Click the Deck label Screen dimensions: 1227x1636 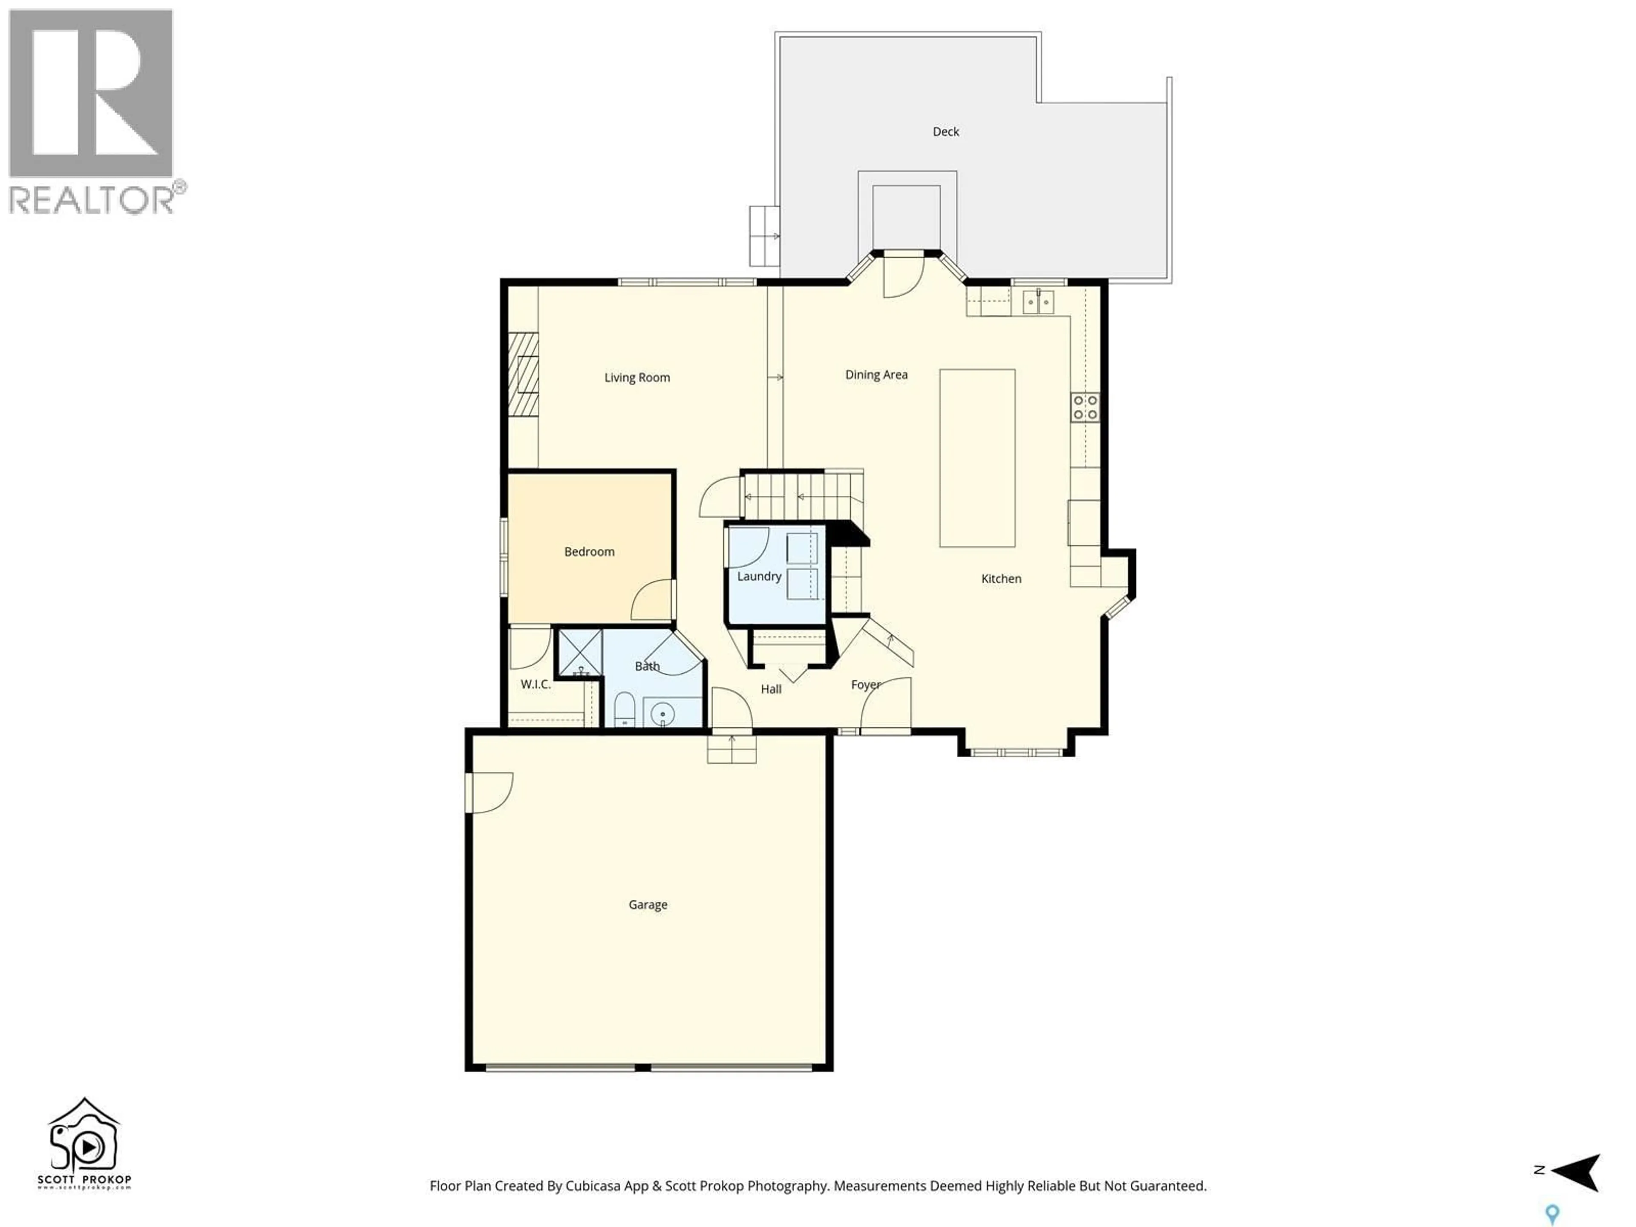[945, 132]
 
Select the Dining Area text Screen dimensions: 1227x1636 [876, 375]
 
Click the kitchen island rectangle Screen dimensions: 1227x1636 [977, 458]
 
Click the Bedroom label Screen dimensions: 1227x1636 [589, 552]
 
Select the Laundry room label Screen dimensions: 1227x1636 [759, 576]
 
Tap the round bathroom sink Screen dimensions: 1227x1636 [662, 714]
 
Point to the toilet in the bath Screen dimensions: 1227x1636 [624, 710]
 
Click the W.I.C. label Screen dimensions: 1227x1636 [536, 684]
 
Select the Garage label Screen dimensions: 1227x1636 [648, 904]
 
